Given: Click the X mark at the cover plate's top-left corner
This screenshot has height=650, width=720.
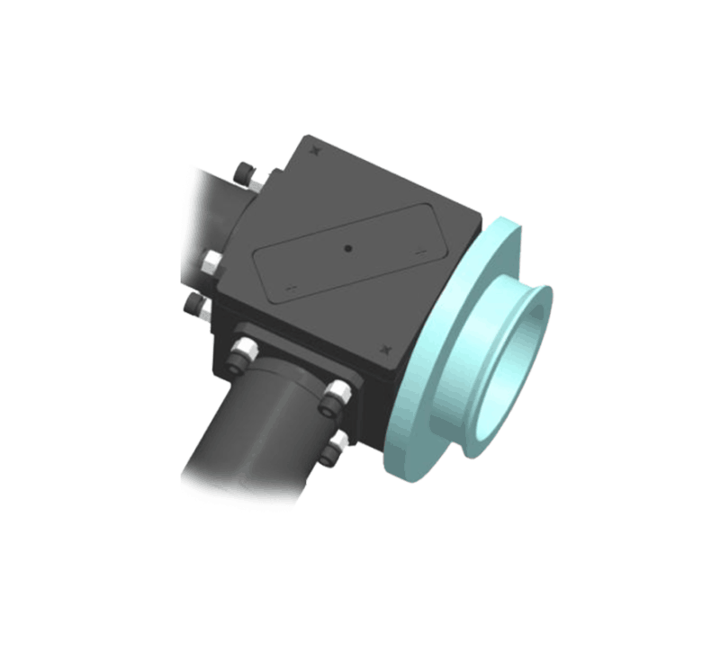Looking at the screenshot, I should coord(313,152).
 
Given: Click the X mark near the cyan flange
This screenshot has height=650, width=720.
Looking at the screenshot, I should coord(386,347).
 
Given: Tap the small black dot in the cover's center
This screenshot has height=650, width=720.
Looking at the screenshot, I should coord(347,245).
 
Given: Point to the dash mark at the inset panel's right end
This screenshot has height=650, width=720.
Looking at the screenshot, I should coord(419,254).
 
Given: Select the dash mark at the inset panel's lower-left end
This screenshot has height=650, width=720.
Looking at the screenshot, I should coord(290,288).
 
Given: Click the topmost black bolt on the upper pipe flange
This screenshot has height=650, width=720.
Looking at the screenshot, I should coord(243,172).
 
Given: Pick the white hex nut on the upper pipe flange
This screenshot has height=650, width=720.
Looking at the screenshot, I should coord(211,263).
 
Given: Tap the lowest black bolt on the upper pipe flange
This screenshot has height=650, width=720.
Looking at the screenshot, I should coord(193,307).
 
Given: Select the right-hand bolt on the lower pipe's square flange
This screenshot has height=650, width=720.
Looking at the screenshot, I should coord(337,392).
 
